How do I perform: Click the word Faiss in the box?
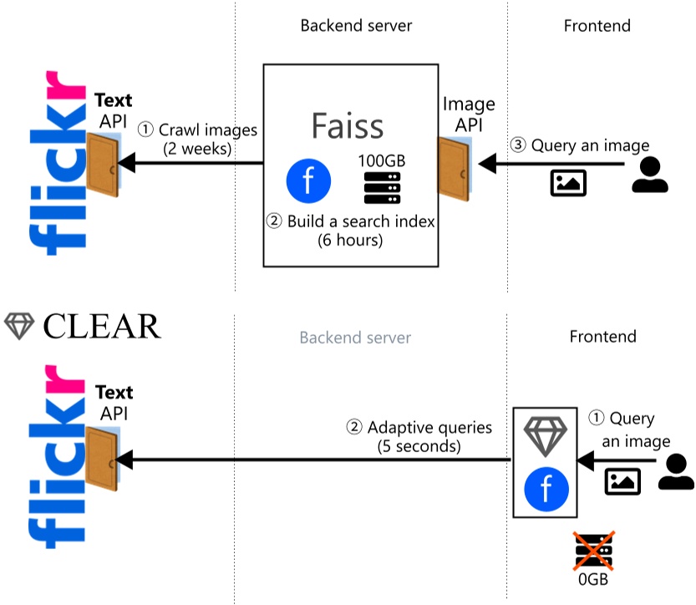(348, 125)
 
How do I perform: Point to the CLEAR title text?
(101, 327)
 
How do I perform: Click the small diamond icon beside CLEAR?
(19, 327)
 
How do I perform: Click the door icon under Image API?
(455, 167)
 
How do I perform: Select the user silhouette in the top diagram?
(649, 174)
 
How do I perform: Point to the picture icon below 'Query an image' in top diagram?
(568, 182)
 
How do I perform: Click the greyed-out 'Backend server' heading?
(355, 338)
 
